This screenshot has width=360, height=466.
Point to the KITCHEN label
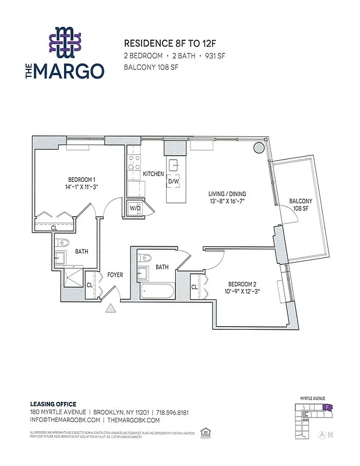(153, 174)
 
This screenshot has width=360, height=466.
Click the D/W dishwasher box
(174, 182)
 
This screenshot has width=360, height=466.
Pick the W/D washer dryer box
(135, 208)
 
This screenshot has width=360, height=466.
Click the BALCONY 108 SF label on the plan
(301, 205)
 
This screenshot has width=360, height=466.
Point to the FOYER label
(115, 275)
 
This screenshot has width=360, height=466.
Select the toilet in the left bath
(64, 243)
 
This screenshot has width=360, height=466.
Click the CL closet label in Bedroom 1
(54, 228)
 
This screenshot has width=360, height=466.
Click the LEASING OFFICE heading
(53, 404)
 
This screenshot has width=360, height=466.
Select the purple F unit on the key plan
(328, 408)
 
